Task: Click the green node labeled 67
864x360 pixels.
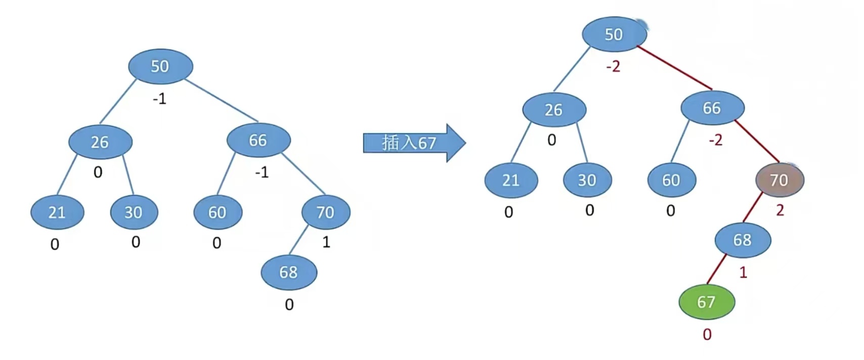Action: pos(706,302)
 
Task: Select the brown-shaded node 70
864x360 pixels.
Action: pos(779,179)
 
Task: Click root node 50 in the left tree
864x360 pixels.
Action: pos(160,66)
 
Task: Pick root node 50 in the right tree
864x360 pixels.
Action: pos(614,34)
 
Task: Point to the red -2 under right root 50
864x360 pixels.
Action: pos(613,66)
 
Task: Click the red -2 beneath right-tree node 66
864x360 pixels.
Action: pos(715,140)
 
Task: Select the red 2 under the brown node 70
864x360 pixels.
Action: pos(780,210)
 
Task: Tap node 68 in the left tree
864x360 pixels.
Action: pos(289,272)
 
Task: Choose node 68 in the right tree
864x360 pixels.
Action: pos(743,240)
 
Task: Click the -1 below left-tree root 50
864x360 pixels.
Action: pos(159,99)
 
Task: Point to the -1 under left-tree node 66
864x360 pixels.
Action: pos(262,173)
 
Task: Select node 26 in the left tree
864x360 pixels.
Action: pos(100,142)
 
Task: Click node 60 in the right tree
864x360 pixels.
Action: pos(671,180)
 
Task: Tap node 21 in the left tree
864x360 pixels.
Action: pos(57,212)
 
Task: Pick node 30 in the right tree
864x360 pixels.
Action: pos(587,180)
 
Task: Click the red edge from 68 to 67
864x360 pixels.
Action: pos(716,269)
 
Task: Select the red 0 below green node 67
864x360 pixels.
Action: pos(707,334)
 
